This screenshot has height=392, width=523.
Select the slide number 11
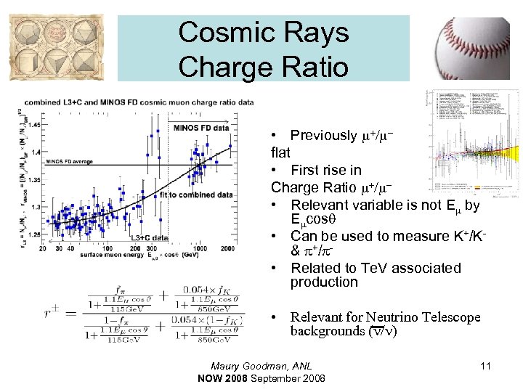pyautogui.click(x=485, y=366)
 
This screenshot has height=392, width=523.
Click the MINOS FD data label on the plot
pyautogui.click(x=201, y=128)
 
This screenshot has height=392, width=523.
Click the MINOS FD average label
pyautogui.click(x=69, y=161)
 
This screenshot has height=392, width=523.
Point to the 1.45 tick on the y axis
pyautogui.click(x=33, y=124)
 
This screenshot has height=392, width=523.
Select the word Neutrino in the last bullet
pyautogui.click(x=397, y=317)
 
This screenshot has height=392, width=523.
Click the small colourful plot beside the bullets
pyautogui.click(x=471, y=142)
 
